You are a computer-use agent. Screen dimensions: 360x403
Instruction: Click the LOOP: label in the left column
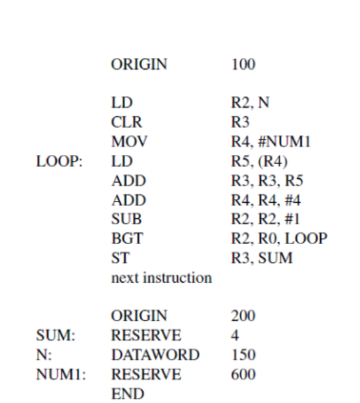(x=58, y=160)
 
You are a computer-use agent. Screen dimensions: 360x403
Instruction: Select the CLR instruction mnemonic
(x=127, y=122)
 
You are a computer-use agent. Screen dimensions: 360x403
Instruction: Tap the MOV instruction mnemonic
(x=129, y=141)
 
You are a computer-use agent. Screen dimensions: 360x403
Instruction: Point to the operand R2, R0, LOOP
(x=279, y=238)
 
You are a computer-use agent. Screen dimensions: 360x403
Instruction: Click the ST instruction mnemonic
(x=119, y=257)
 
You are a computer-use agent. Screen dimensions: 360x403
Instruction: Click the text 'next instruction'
(x=161, y=277)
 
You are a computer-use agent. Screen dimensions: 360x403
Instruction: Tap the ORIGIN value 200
(x=244, y=315)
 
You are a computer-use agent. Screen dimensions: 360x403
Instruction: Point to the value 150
(x=244, y=354)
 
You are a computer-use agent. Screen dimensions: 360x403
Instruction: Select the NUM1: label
(x=59, y=373)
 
